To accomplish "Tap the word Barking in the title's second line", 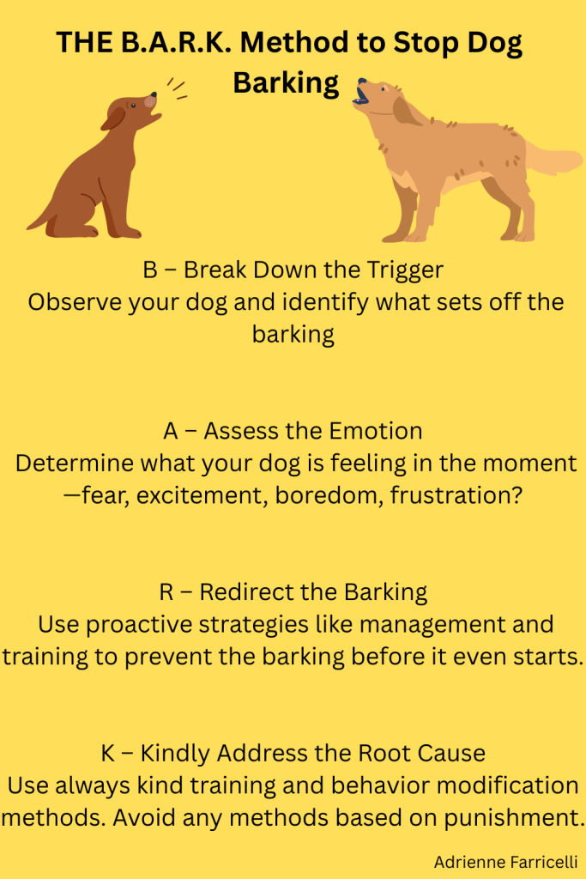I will click(287, 83).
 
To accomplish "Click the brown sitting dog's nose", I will click(151, 100).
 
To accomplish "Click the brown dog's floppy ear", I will click(114, 118).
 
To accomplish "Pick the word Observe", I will click(71, 302).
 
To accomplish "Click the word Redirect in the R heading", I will click(247, 591).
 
